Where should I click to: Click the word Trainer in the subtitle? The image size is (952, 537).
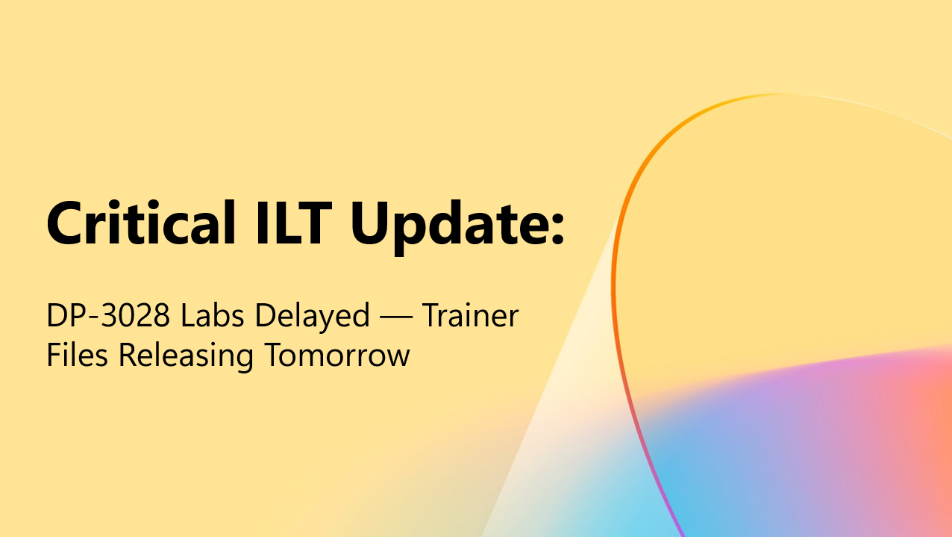click(470, 316)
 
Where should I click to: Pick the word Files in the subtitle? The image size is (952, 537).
click(78, 355)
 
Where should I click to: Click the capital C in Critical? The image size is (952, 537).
click(65, 222)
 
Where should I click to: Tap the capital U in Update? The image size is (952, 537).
click(372, 222)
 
